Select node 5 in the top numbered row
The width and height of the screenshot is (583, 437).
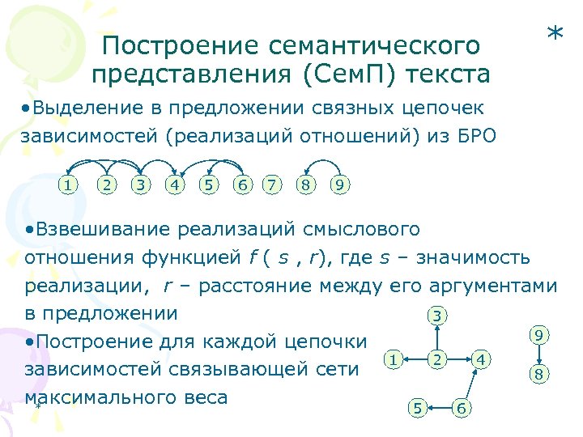209,185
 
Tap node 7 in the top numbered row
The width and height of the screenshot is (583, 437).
275,185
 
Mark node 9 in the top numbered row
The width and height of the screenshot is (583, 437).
341,185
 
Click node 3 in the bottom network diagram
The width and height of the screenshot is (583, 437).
437,315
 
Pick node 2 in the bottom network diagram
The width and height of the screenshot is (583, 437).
437,359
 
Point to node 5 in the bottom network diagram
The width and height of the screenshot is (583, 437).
416,408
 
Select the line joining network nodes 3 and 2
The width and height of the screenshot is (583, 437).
437,337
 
